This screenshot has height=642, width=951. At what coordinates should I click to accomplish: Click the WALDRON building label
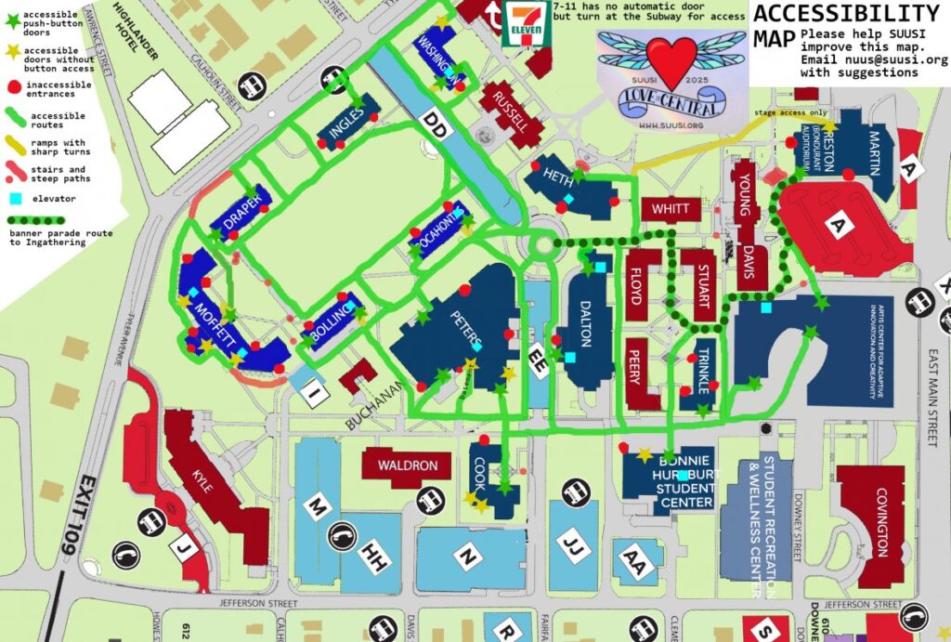click(x=407, y=465)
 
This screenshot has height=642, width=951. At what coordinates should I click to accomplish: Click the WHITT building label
click(x=671, y=209)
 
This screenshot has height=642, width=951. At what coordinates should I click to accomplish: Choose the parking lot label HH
click(x=373, y=557)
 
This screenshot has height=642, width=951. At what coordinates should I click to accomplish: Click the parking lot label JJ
click(x=574, y=544)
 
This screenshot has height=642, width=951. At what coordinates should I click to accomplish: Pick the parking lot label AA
click(x=636, y=561)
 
